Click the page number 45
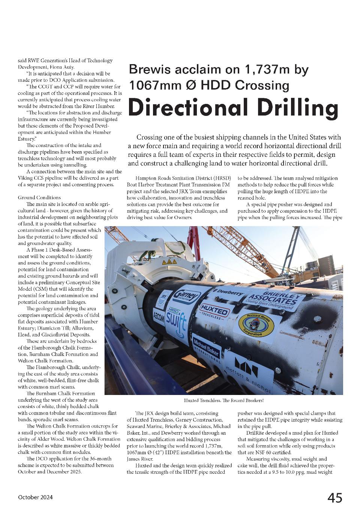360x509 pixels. [334, 498]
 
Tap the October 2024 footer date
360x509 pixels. [35, 497]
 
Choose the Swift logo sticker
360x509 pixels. [176, 319]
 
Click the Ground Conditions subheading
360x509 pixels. [39, 197]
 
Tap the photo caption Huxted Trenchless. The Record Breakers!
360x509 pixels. [223, 401]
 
